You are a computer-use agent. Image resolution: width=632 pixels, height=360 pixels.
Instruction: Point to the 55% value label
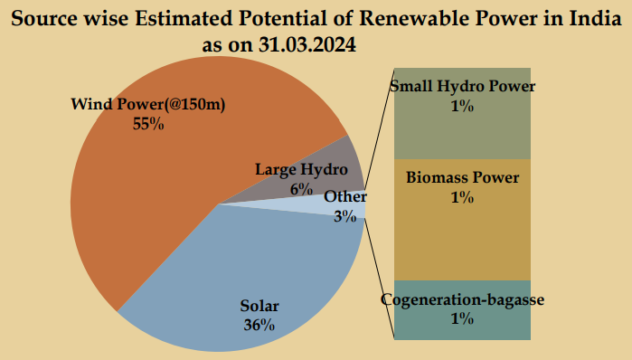[x=147, y=124]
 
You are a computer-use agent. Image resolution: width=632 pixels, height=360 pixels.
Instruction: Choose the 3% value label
[x=344, y=215]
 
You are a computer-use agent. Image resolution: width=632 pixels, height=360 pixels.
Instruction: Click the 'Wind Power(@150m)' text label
[x=147, y=105]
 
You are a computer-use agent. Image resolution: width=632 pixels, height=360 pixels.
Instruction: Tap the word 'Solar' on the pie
[x=259, y=305]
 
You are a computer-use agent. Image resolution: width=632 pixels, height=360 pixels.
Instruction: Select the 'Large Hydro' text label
[x=301, y=169]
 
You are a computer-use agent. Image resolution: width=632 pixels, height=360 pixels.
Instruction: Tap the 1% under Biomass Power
[x=462, y=196]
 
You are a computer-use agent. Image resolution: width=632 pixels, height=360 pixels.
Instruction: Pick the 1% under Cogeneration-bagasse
[x=462, y=317]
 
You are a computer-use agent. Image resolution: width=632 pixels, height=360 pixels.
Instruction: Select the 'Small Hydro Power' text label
[x=462, y=87]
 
